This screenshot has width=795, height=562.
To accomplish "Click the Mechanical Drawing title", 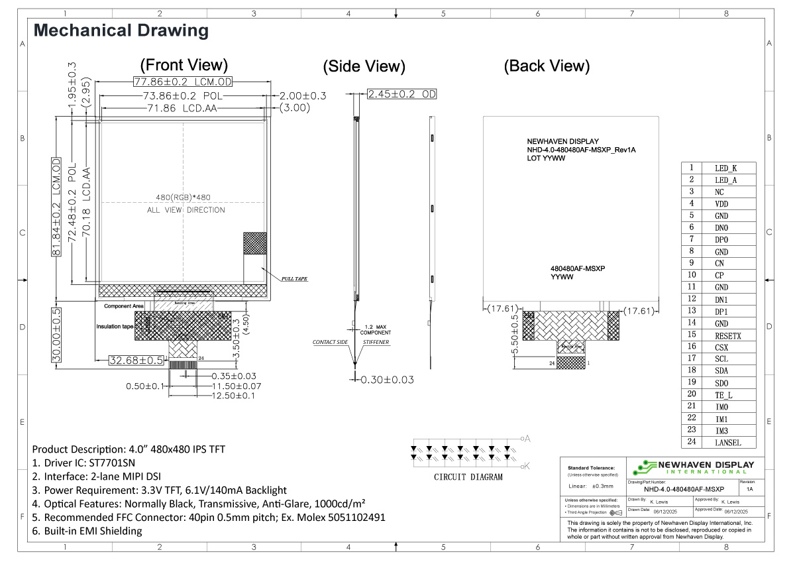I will click(x=121, y=30).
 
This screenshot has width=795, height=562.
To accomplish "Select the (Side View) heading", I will click(x=364, y=66).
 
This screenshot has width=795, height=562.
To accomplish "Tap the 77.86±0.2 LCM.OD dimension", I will click(x=182, y=82).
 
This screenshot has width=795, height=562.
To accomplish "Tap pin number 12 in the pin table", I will click(x=691, y=300).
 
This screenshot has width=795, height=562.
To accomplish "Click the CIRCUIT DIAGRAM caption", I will click(x=468, y=477).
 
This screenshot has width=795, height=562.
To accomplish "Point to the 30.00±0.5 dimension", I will click(x=56, y=335).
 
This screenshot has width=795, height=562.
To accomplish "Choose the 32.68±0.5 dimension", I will click(x=136, y=361).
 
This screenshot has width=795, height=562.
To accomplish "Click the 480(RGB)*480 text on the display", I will click(x=184, y=197).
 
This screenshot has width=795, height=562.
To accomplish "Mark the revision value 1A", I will click(x=749, y=489).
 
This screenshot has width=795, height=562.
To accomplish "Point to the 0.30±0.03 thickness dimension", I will click(x=387, y=380).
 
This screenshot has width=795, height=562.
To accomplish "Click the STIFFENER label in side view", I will click(x=376, y=343).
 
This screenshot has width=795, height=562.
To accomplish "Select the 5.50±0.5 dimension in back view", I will click(x=515, y=335).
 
